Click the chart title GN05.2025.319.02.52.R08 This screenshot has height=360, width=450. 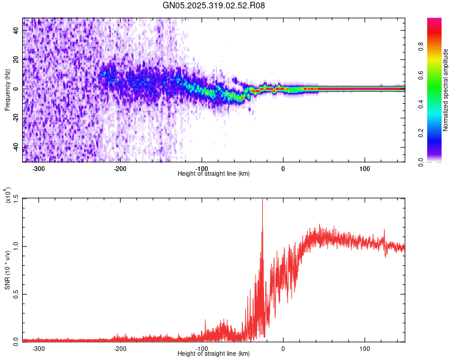coord(214,5)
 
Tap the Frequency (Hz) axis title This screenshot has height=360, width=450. coord(7,90)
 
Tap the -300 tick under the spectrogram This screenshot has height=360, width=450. coord(38,168)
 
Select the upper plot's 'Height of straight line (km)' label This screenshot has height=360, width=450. coord(214,173)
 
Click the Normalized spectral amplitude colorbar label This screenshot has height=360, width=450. coord(446,90)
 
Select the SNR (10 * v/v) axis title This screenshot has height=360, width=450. coord(7,270)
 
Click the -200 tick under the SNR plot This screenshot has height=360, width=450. coord(120,348)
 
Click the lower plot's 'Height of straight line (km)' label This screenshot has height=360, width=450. coord(214,354)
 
